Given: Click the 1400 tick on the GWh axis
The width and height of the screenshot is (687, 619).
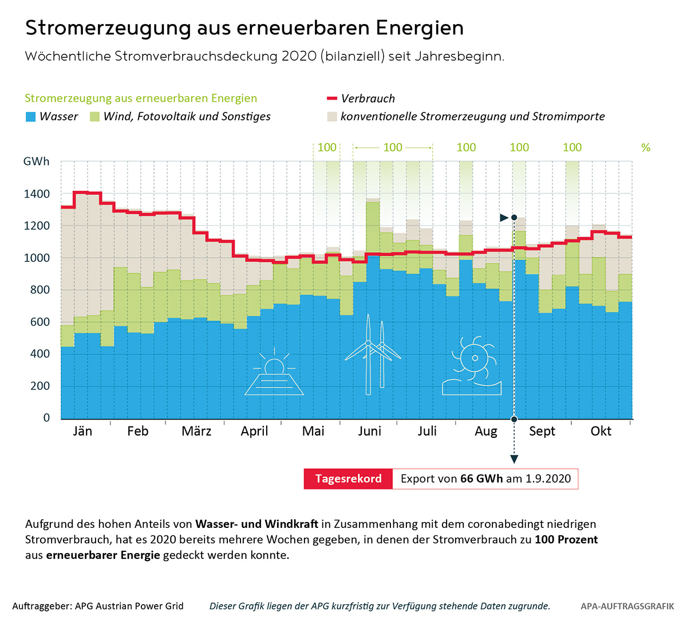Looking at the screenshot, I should point(37,194).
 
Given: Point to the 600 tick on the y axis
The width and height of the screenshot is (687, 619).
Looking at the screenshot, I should point(40,322).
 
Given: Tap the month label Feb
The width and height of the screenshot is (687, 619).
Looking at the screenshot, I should point(137,431).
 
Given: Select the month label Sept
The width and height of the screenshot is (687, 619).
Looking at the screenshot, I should point(542,431).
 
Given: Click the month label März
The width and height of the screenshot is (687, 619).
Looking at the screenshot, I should point(196,431).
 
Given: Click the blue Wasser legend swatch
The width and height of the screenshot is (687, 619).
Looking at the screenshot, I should point(31,117).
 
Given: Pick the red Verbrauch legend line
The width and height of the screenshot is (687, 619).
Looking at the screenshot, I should point(331,99).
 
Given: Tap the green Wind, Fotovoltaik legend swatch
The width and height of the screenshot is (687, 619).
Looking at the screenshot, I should point(94,117).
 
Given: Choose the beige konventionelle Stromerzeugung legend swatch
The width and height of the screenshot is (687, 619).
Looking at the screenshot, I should point(332,117).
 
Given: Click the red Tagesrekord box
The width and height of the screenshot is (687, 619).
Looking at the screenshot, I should point(348,479).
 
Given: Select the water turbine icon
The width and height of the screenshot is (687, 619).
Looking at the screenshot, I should point(472,367).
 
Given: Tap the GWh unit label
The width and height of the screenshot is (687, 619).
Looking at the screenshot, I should point(36,162).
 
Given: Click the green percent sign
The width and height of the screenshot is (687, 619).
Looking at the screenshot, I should point(646,148).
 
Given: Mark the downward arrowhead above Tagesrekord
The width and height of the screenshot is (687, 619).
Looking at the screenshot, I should point(514,459).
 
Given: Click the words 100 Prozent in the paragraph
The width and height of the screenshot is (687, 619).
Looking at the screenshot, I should point(566,540).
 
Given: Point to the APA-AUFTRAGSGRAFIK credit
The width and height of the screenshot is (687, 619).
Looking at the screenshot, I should point(627,606).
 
